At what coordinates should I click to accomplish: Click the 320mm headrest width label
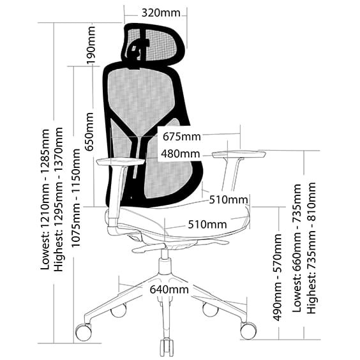pos(161,13)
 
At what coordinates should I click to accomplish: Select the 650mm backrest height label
pos(89,131)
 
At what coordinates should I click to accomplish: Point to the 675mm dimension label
pos(182,137)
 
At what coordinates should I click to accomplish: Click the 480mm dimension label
pos(180,154)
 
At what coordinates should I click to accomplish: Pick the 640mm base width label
pos(169,290)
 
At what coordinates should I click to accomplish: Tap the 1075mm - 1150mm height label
pos(76,198)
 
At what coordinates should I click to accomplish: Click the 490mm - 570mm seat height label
pos(277,277)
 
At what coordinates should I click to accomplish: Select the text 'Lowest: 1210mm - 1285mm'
pos(45,199)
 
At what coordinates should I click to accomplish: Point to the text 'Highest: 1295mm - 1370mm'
pos(58,199)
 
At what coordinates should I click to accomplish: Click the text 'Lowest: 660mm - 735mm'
pos(297,248)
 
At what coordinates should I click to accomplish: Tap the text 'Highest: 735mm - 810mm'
pos(311,248)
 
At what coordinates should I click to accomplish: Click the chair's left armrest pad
pos(121,161)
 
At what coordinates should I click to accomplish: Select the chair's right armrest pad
pos(239,154)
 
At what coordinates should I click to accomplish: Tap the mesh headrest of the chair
pos(153,43)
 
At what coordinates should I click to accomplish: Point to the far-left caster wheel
pos(84,332)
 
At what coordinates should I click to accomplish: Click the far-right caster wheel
pos(248,330)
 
